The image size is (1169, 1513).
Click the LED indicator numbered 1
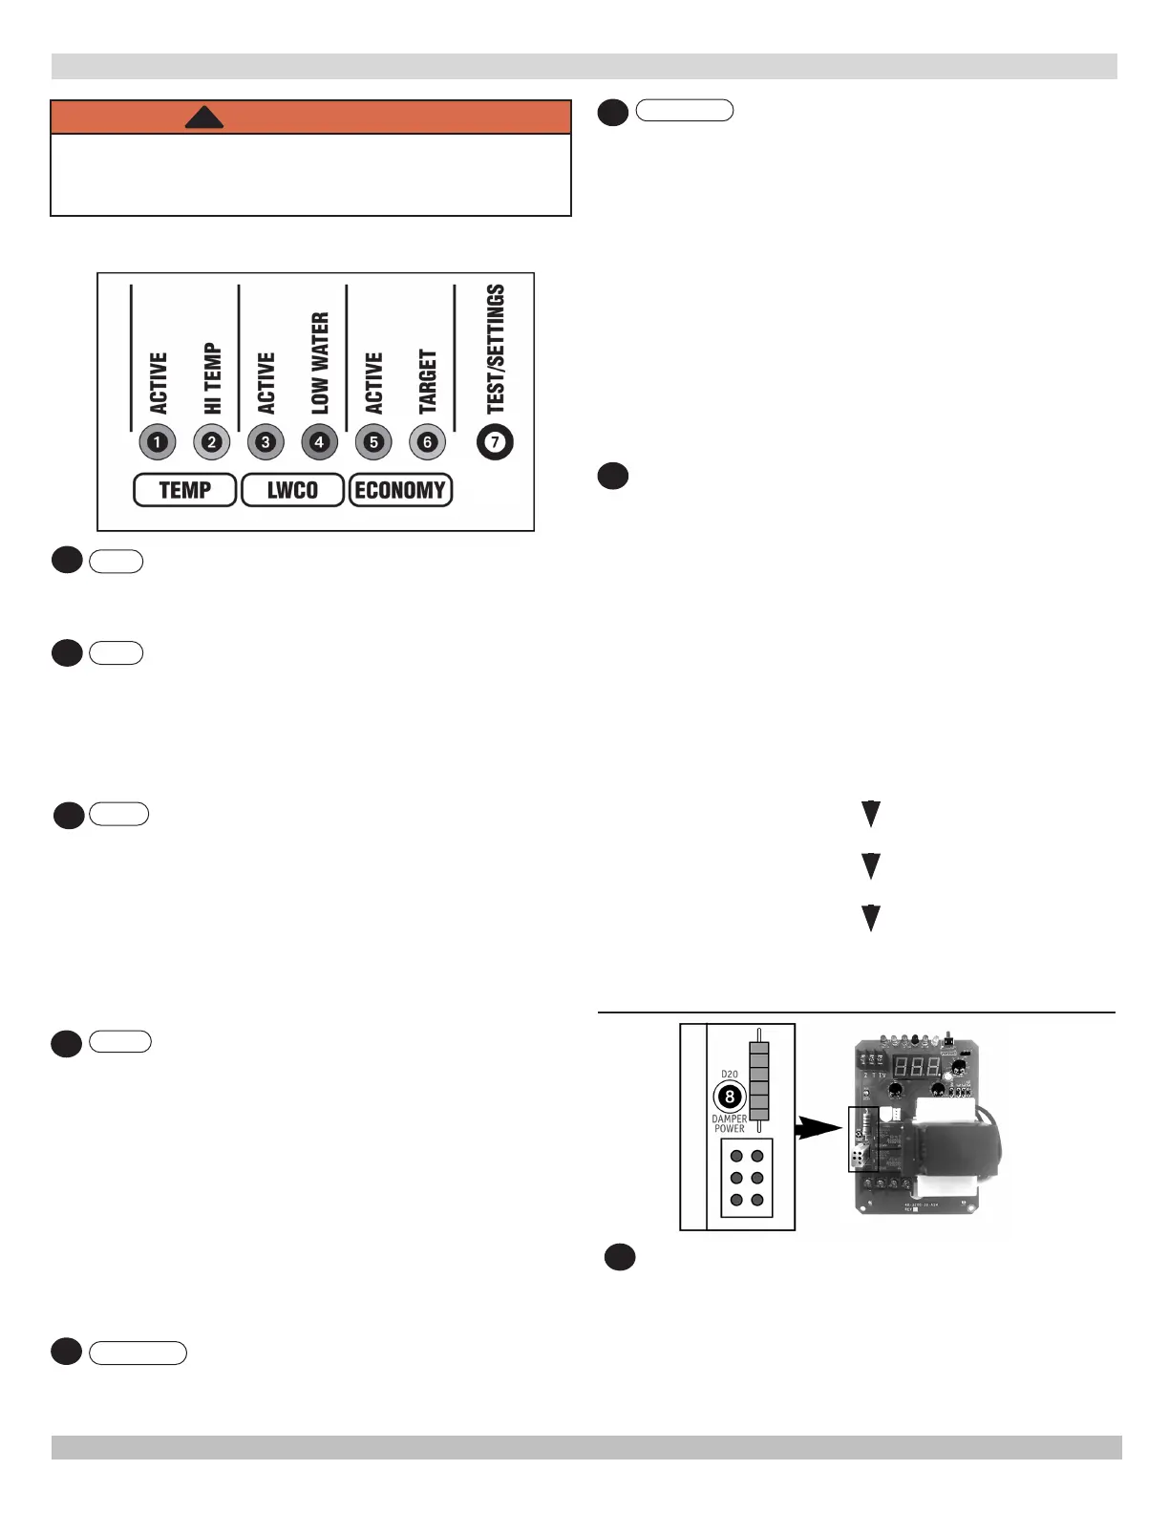158,442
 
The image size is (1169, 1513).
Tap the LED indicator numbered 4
319,442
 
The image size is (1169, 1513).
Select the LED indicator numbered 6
427,442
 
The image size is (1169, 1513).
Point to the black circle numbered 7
495,442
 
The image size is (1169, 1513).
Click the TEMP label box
184,490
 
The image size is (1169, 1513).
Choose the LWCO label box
292,490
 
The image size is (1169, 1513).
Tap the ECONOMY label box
400,490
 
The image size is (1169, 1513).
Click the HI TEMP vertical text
212,378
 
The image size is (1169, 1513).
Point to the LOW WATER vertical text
320,363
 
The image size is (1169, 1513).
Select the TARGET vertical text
428,381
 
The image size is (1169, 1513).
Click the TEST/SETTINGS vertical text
496,349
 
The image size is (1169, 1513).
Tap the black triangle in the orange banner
203,117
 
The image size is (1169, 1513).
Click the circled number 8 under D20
730,1097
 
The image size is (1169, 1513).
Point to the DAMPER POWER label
730,1123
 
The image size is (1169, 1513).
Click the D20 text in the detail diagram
730,1075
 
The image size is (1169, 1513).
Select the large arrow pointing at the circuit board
819,1128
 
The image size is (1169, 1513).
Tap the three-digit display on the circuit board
917,1067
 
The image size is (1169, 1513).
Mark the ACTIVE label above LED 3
266,382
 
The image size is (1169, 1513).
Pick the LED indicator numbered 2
211,442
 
